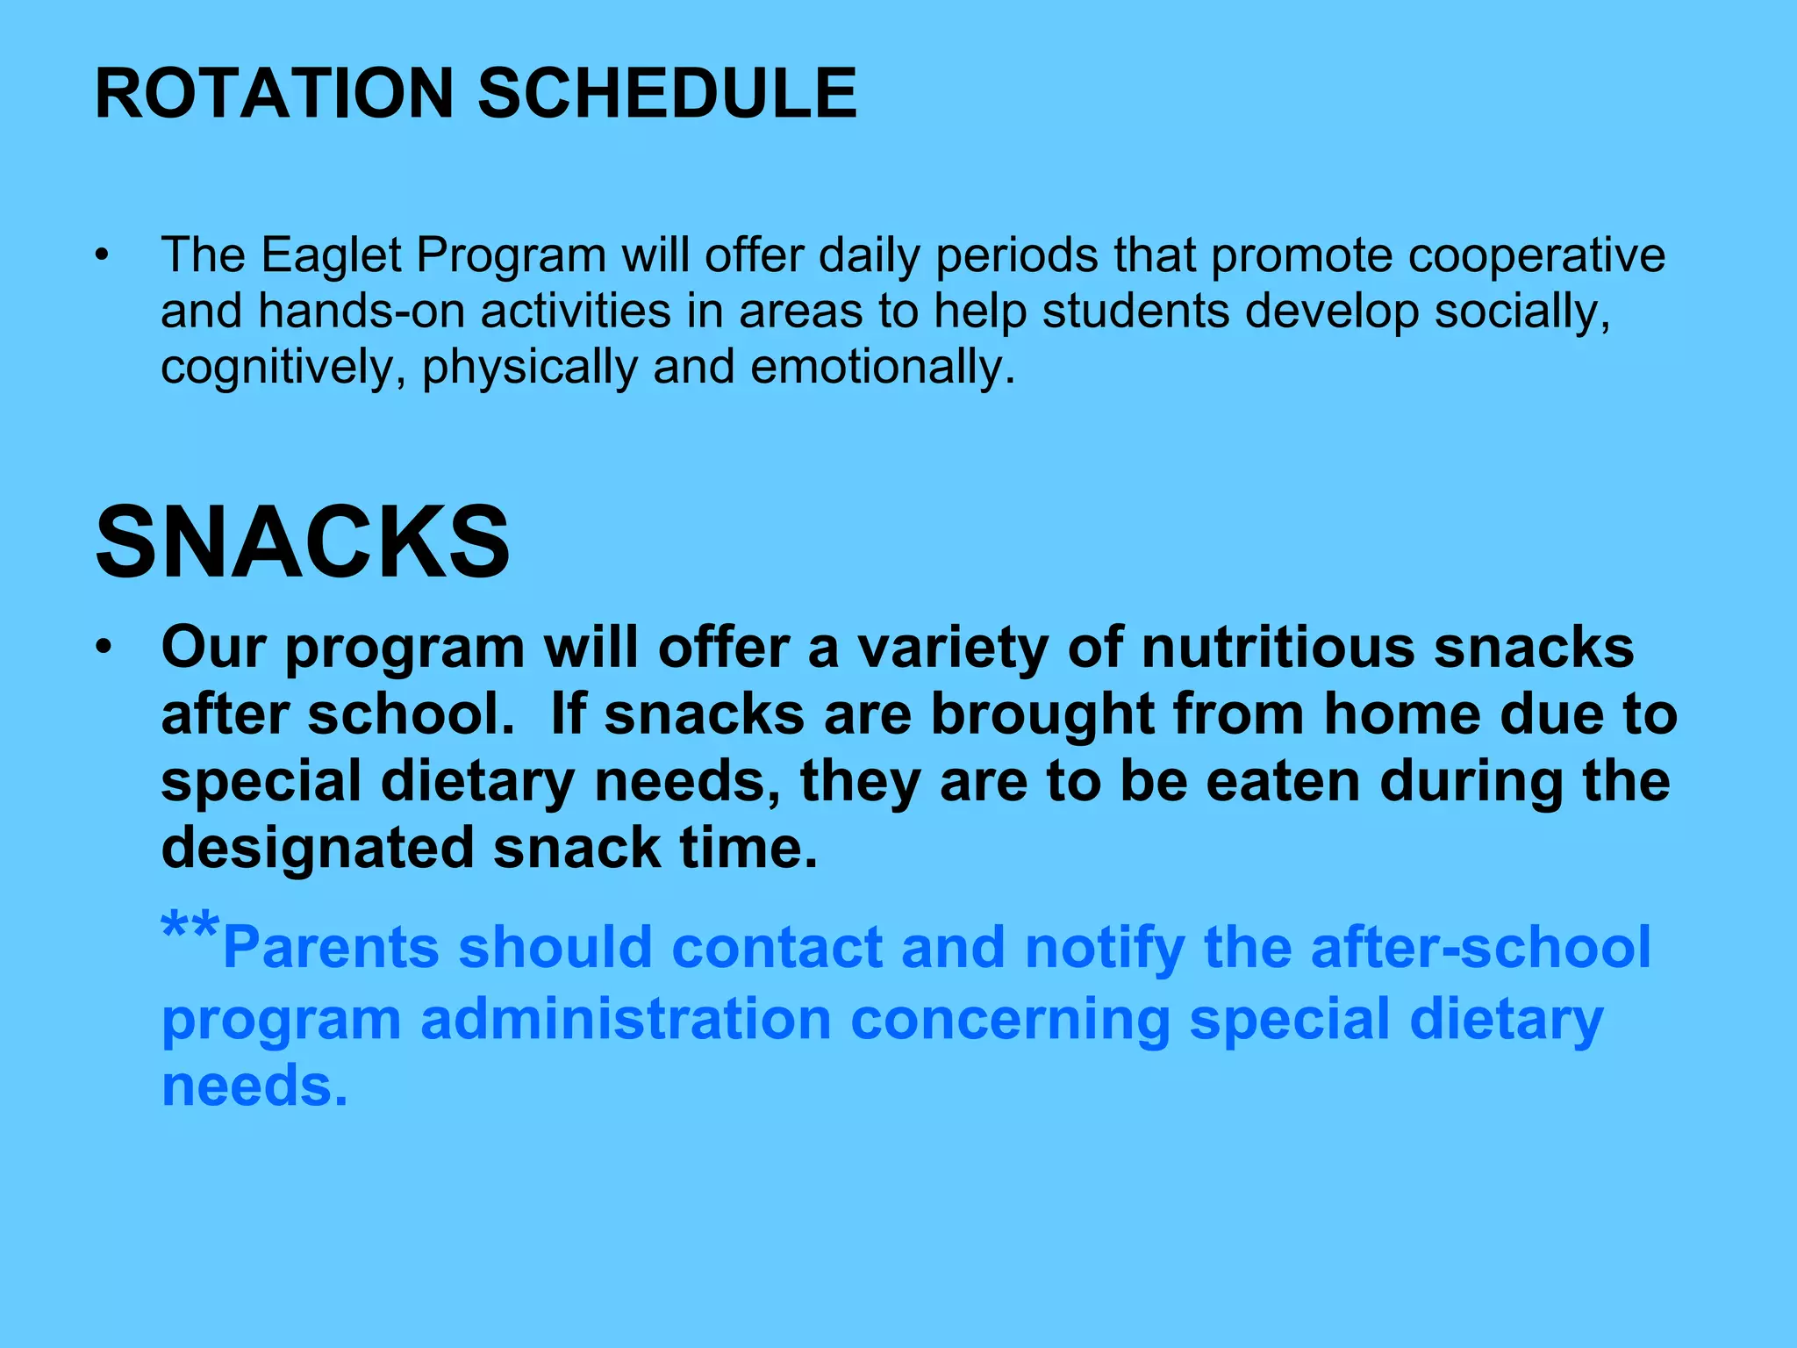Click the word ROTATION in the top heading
pos(275,93)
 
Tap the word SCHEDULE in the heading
pos(667,93)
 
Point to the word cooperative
pos(1536,255)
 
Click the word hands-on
pos(362,312)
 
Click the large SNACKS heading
pos(303,542)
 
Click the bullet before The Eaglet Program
pos(104,256)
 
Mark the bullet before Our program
pos(104,649)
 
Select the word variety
pos(952,649)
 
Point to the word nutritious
pos(1278,649)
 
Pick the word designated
pos(318,849)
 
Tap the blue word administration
pos(626,1020)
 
